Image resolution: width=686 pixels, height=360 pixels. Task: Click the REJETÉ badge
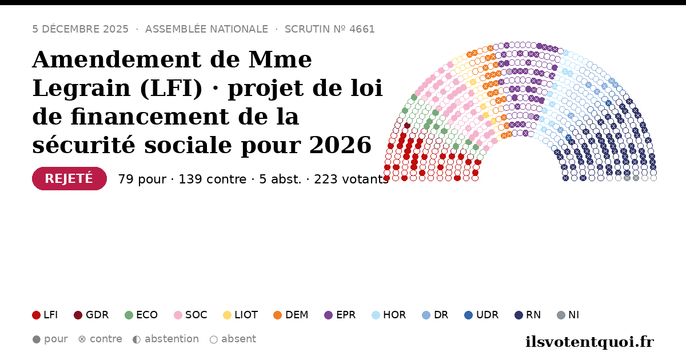click(69, 178)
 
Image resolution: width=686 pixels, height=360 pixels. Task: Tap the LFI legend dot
click(36, 315)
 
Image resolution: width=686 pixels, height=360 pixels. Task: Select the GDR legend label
click(97, 315)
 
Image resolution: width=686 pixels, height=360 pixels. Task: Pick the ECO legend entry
click(141, 315)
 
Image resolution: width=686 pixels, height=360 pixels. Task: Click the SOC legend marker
click(178, 315)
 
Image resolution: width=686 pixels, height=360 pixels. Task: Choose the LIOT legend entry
click(241, 315)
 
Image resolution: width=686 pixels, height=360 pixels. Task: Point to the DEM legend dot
click(277, 315)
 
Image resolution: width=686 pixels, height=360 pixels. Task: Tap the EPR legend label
click(346, 315)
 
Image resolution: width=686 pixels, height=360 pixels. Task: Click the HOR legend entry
click(389, 315)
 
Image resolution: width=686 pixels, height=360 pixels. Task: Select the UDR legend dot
click(469, 315)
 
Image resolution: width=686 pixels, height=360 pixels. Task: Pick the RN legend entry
click(528, 315)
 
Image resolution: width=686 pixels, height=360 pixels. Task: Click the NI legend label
click(573, 315)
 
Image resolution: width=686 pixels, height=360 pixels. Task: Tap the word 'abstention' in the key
click(172, 339)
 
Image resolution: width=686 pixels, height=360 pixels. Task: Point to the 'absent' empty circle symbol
click(214, 339)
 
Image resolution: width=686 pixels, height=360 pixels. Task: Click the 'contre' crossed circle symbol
click(82, 339)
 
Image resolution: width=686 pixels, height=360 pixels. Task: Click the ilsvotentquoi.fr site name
click(589, 342)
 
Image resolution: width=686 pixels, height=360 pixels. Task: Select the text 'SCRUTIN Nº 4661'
click(329, 29)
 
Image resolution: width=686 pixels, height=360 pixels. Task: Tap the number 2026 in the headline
click(340, 145)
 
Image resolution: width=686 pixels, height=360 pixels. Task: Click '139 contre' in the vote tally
click(213, 179)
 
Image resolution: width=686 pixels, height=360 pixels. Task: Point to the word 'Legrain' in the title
click(81, 89)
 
